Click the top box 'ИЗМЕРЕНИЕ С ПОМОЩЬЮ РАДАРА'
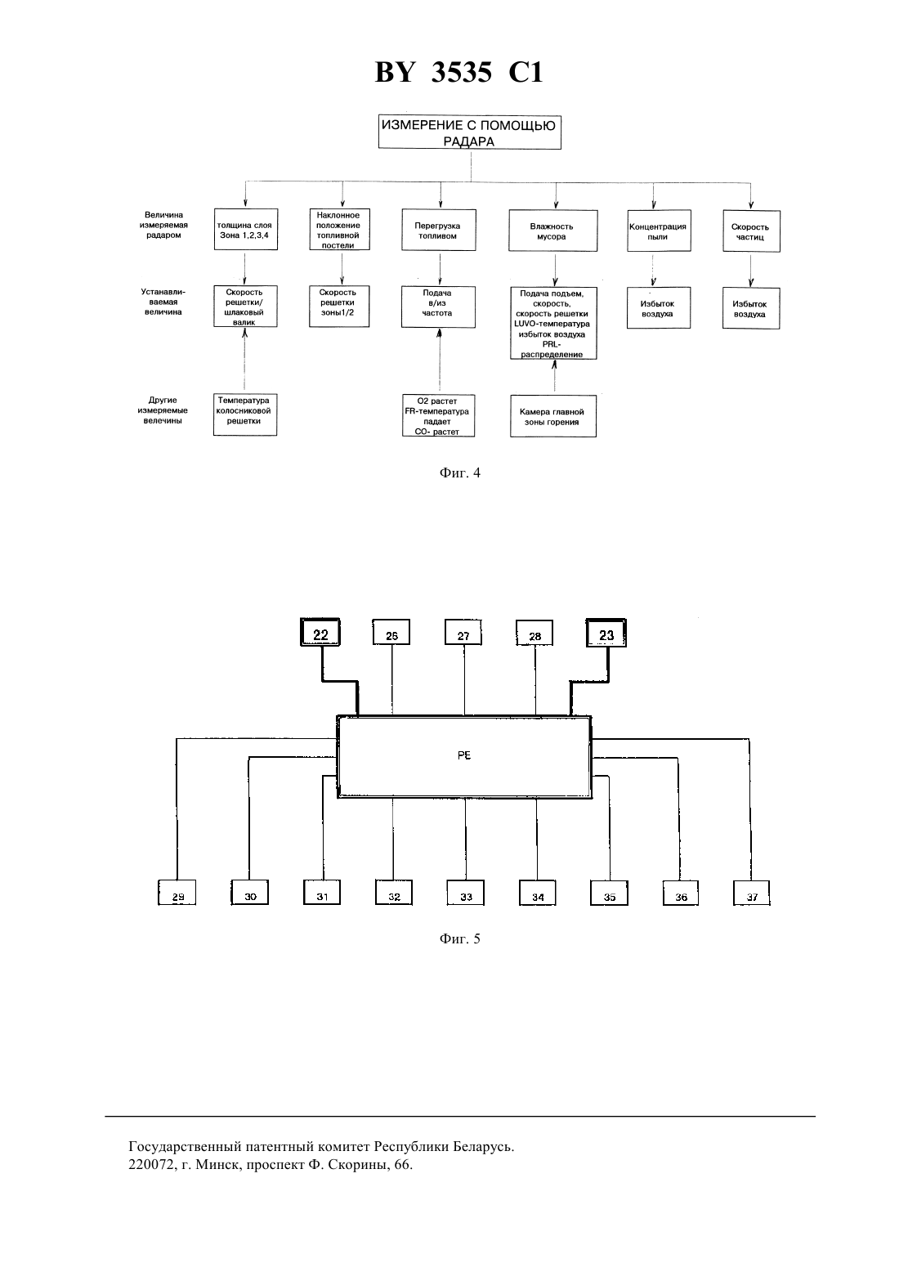pyautogui.click(x=469, y=132)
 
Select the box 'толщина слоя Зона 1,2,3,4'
pyautogui.click(x=246, y=230)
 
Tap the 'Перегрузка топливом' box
pyautogui.click(x=438, y=230)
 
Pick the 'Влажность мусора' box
pyautogui.click(x=552, y=231)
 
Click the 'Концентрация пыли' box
pyautogui.click(x=659, y=231)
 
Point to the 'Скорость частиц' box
pyautogui.click(x=751, y=231)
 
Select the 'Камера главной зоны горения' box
pyautogui.click(x=552, y=416)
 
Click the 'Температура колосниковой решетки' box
pyautogui.click(x=245, y=414)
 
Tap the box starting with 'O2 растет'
pyautogui.click(x=437, y=415)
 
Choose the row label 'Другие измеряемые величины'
pyautogui.click(x=163, y=410)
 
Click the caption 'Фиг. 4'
pyautogui.click(x=459, y=473)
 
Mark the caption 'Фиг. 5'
pyautogui.click(x=459, y=938)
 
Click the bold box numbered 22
pyautogui.click(x=320, y=632)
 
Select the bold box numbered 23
pyautogui.click(x=606, y=633)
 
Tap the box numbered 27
pyautogui.click(x=463, y=632)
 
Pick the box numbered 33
pyautogui.click(x=465, y=892)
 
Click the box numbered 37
pyautogui.click(x=751, y=893)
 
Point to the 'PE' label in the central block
pyautogui.click(x=463, y=756)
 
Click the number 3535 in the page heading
pyautogui.click(x=462, y=72)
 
